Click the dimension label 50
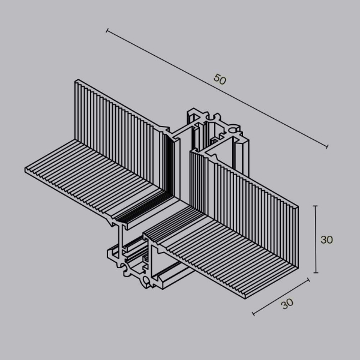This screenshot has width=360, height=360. click(220, 79)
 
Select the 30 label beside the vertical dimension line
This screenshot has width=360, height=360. click(326, 239)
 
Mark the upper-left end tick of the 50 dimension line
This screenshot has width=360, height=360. click(107, 29)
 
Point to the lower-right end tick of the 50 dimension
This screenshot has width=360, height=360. click(328, 146)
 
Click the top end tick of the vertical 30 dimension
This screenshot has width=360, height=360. click(316, 206)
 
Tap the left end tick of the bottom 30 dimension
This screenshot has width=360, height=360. click(254, 314)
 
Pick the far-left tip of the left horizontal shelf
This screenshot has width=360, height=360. click(25, 170)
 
